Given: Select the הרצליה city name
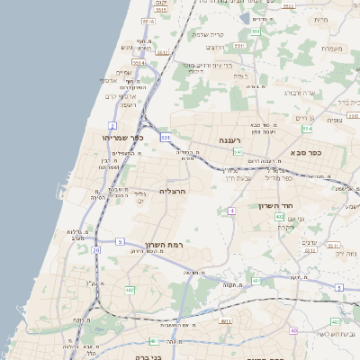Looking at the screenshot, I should (x=173, y=191).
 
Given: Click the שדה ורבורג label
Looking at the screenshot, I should (x=299, y=92).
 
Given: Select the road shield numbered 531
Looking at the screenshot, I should (x=166, y=137).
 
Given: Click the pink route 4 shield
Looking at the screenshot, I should (x=231, y=210).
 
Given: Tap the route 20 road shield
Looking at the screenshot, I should (x=96, y=263).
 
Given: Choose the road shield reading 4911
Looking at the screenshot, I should (x=226, y=320).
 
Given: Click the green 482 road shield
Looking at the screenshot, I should (x=130, y=289).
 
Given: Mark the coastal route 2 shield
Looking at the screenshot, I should (x=112, y=124).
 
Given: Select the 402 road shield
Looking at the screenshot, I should (x=280, y=217).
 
